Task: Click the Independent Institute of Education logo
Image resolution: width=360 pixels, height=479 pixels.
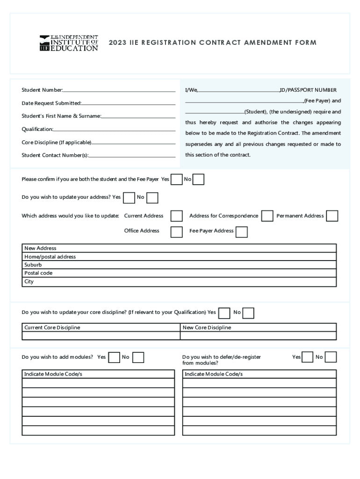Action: [69, 43]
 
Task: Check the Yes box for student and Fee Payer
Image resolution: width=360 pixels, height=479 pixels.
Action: [177, 180]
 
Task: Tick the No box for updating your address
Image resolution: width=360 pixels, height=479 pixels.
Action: [152, 198]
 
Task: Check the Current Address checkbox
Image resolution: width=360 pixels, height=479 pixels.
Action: [177, 216]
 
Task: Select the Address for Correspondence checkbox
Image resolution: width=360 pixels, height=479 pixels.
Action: [267, 216]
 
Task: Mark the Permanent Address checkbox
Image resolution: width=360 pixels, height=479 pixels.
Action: [332, 216]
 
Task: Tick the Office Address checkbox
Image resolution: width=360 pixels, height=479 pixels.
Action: [177, 232]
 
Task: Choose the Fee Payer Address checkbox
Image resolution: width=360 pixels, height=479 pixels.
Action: [242, 232]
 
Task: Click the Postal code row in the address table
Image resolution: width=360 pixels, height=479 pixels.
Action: [180, 273]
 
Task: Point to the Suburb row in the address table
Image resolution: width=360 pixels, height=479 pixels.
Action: [180, 265]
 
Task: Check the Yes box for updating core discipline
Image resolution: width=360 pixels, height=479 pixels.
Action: [224, 313]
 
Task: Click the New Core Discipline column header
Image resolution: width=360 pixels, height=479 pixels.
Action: [207, 327]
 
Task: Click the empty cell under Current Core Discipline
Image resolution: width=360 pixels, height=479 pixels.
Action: [101, 336]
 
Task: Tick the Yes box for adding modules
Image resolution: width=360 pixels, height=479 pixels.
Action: [114, 358]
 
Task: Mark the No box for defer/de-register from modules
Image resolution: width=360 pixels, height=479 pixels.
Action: [331, 357]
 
